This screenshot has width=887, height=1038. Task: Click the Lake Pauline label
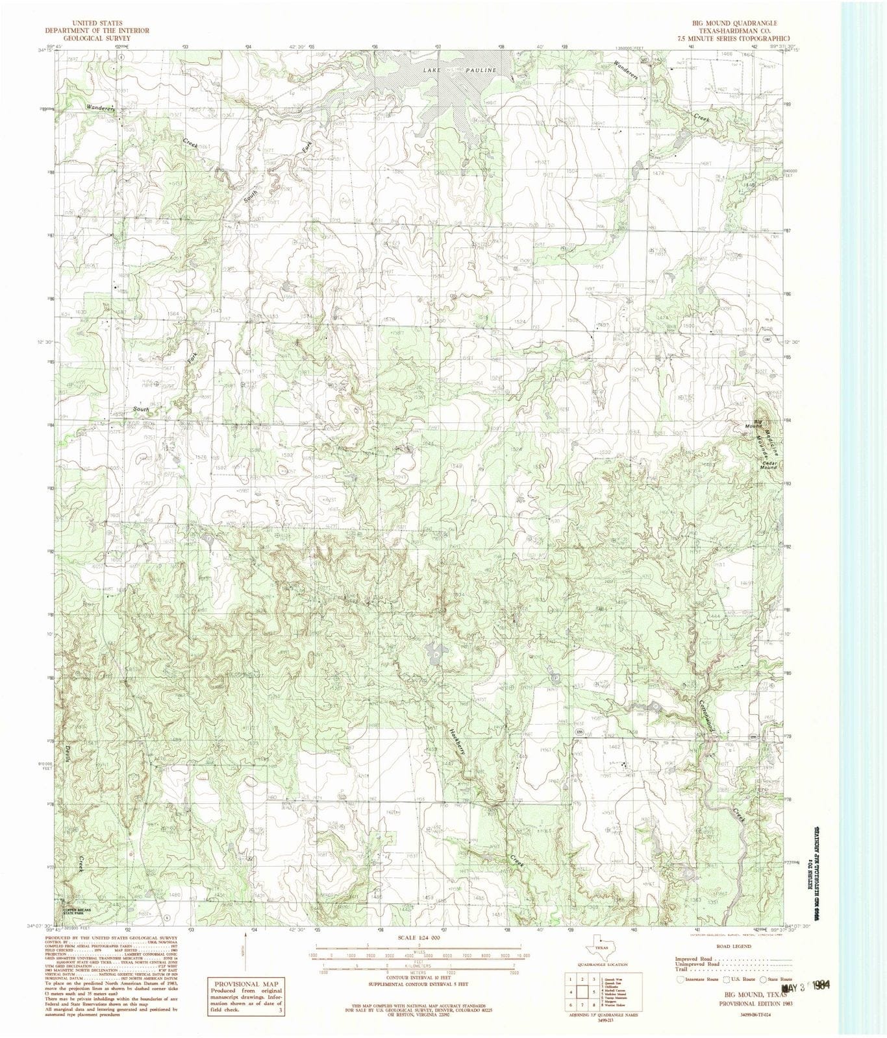pos(459,70)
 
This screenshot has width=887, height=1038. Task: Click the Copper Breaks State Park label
pos(82,911)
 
